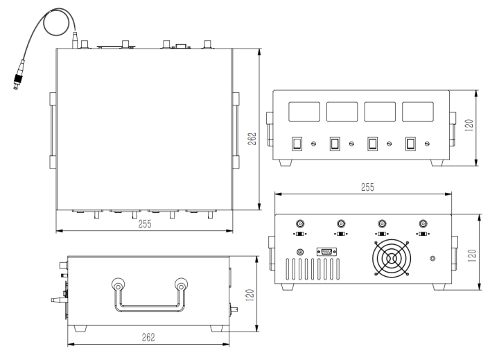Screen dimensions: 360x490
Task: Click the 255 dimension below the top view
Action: coord(145,223)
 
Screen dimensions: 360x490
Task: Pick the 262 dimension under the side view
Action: coord(148,338)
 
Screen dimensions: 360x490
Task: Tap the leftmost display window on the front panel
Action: coord(304,112)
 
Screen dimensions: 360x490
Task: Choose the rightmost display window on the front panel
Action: coord(419,112)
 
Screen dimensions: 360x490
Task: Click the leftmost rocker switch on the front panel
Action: coord(297,144)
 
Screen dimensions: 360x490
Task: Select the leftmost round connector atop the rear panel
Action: coord(300,224)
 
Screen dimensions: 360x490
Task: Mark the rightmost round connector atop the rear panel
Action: coord(423,224)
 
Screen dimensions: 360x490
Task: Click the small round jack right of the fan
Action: coord(433,259)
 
